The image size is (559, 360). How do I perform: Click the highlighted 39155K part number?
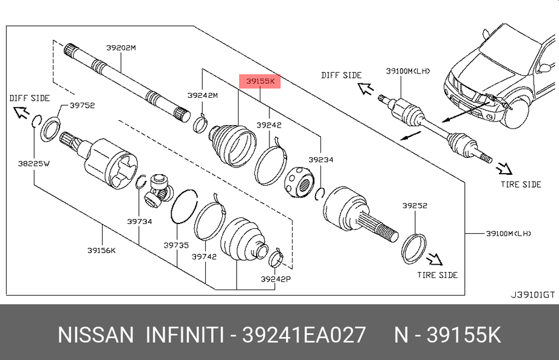coord(260,81)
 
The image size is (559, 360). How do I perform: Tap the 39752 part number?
coord(82,105)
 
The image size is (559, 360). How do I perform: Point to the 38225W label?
coord(33,163)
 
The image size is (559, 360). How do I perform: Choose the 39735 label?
coord(176,245)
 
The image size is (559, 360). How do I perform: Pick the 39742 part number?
coord(204,257)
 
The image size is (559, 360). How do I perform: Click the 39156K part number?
coord(101,250)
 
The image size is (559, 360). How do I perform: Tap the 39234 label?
coord(320,160)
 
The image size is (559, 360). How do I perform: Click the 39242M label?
coord(202,95)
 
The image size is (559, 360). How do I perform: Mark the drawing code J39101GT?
coord(532,295)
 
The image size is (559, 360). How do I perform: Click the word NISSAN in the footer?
coord(95,335)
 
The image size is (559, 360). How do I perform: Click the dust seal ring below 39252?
coord(413,248)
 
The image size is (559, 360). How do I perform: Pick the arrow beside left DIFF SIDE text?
coord(20,111)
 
